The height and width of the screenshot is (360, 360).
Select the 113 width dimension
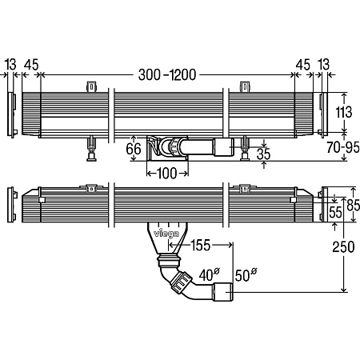[342, 112]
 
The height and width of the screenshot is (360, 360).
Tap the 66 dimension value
[134, 148]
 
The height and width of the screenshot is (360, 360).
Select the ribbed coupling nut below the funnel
[170, 262]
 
